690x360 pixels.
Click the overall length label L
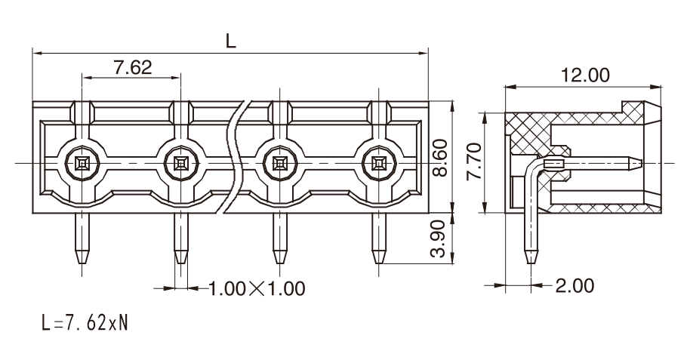pyautogui.click(x=230, y=41)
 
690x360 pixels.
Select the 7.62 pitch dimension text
pyautogui.click(x=132, y=67)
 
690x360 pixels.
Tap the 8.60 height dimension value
pyautogui.click(x=439, y=158)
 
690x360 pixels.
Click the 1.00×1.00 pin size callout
pyautogui.click(x=257, y=289)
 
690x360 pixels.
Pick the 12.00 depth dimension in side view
pyautogui.click(x=585, y=75)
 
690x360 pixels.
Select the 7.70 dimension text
pyautogui.click(x=474, y=161)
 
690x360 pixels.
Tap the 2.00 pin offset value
pyautogui.click(x=574, y=285)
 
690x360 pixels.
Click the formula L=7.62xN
pyautogui.click(x=85, y=323)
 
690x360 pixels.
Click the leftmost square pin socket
pyautogui.click(x=82, y=164)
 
